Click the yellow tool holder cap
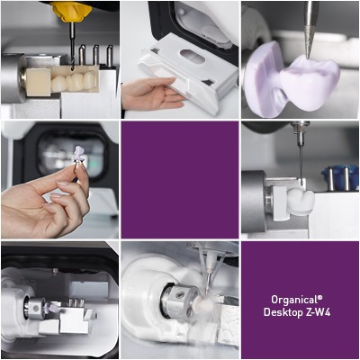click(x=71, y=12)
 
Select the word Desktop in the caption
click(x=283, y=312)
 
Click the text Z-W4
click(x=319, y=312)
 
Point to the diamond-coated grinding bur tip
click(x=309, y=42)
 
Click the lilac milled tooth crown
click(x=309, y=83)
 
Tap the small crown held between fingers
click(x=79, y=156)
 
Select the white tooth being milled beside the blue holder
click(x=301, y=202)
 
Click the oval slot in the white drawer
click(x=193, y=56)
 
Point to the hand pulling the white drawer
click(x=150, y=94)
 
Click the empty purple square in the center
click(x=180, y=180)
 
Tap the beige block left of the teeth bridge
click(x=38, y=82)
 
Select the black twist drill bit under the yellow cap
click(x=72, y=47)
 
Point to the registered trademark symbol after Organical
click(x=320, y=298)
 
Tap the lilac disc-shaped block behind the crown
click(x=264, y=79)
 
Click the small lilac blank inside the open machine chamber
click(x=53, y=308)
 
